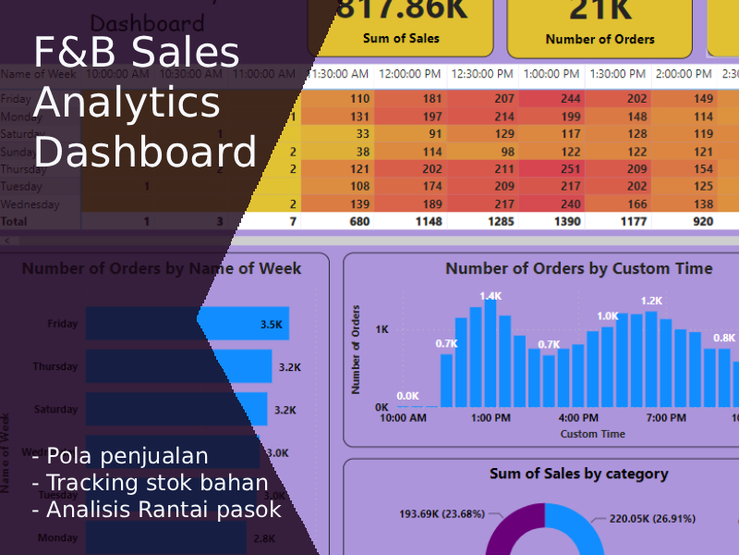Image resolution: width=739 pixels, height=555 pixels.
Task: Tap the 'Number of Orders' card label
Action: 600,40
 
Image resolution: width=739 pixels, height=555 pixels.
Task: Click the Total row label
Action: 15,222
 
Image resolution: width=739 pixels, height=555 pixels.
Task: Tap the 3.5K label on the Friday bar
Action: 272,325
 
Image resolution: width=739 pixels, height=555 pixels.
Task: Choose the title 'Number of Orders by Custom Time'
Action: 578,268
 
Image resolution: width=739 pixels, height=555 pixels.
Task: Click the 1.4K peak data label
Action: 491,296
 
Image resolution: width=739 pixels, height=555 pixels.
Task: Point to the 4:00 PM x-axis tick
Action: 578,418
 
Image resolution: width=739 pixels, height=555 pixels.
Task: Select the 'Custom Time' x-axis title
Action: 592,434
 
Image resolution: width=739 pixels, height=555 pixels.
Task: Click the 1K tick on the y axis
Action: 381,329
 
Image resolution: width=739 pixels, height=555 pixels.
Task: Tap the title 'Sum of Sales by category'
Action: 578,474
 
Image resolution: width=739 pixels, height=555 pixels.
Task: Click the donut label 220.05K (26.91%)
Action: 651,519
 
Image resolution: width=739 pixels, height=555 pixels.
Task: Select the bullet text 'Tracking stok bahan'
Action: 157,482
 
